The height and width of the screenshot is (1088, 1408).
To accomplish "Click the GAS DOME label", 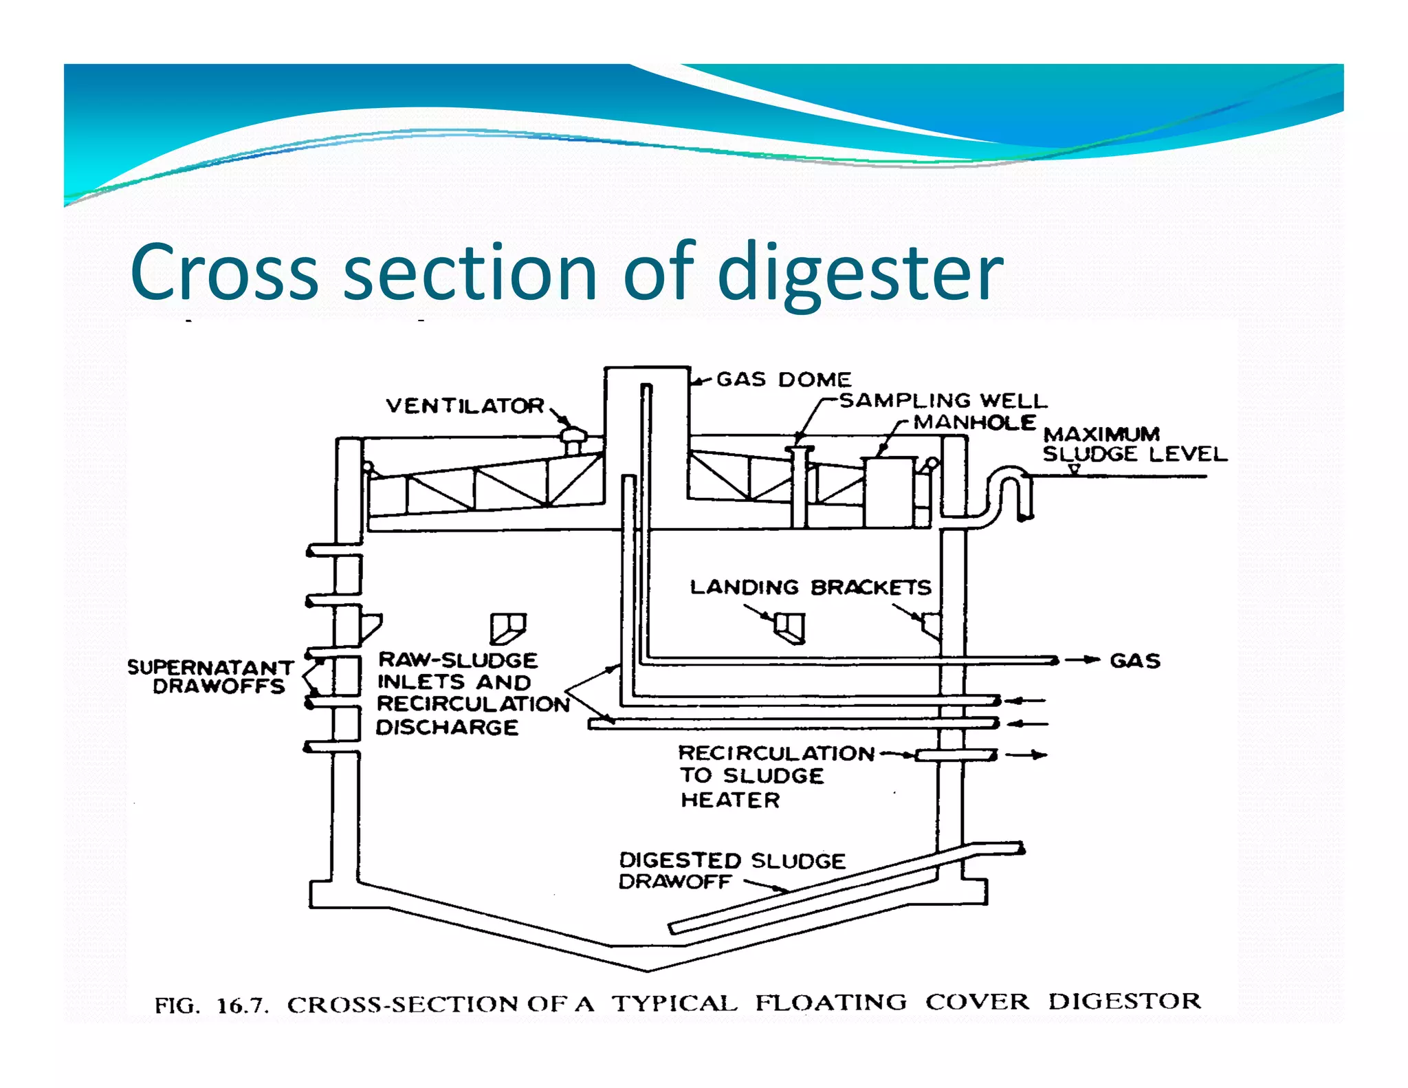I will coord(783,379).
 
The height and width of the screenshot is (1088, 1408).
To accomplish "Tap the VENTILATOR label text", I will coord(465,406).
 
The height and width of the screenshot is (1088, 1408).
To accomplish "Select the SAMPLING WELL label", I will coord(943,400).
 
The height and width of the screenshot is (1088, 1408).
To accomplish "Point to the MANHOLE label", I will coord(974,422).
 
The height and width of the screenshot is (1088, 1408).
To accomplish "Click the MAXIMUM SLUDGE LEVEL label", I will coord(1134,444).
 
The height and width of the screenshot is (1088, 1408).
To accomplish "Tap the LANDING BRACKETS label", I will coord(810,587).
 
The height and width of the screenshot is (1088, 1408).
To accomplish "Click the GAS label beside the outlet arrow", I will coord(1134,661).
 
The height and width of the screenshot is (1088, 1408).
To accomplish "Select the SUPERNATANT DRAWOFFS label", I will coord(210,677).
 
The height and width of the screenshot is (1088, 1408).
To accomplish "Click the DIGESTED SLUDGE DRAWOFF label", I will coord(731,870).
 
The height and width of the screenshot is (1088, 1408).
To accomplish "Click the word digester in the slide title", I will coord(859,272).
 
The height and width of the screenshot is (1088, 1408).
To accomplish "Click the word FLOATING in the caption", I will coord(830,1002).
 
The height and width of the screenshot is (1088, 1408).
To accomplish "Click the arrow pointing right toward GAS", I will coord(1083,660).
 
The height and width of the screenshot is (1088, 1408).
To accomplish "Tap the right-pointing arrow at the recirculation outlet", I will coord(1026,755).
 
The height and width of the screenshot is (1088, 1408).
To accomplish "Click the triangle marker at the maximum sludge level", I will coord(1074,469).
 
